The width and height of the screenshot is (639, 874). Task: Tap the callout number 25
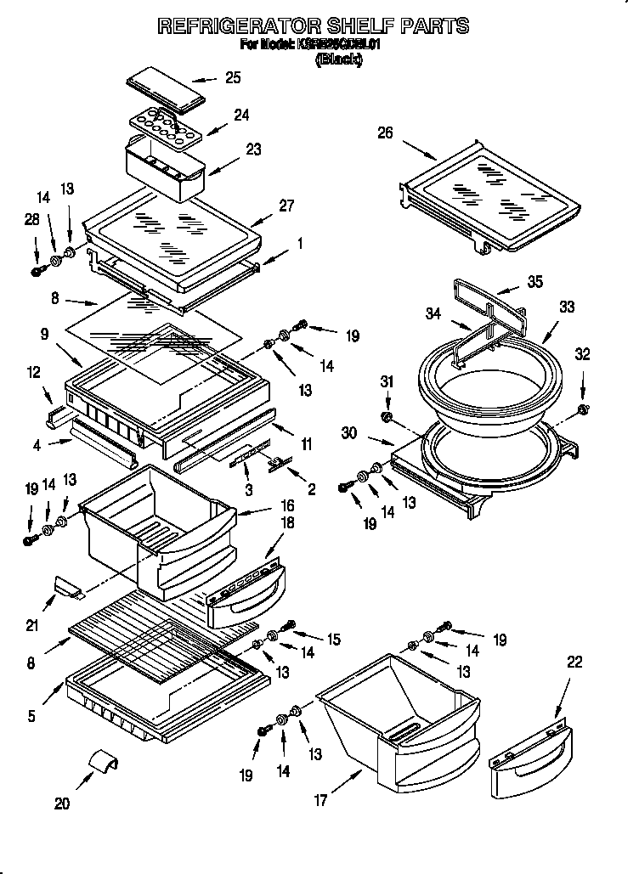tap(232, 78)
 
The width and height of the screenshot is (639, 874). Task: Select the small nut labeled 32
tap(583, 411)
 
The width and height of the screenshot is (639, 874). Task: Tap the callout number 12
tap(33, 371)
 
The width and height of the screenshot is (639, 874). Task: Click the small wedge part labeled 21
tap(65, 585)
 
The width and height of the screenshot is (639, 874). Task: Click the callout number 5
tap(31, 715)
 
